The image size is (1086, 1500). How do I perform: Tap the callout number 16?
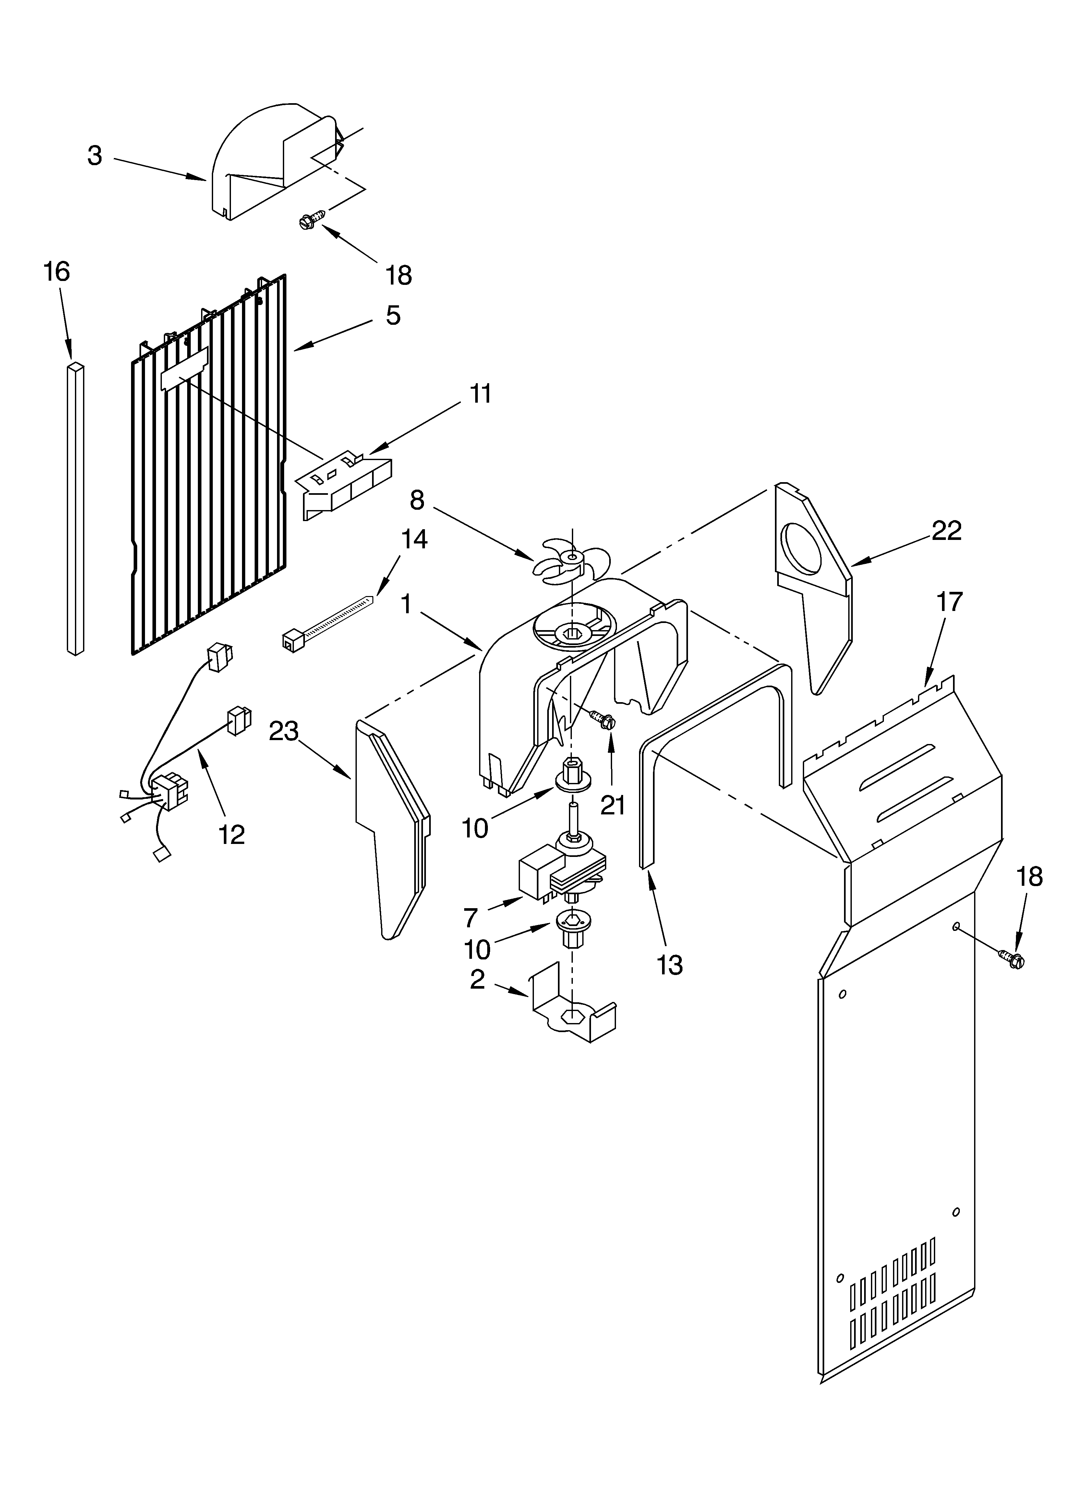[x=57, y=272]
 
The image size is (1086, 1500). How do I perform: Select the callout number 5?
[x=393, y=315]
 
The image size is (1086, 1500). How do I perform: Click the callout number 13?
[x=670, y=965]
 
